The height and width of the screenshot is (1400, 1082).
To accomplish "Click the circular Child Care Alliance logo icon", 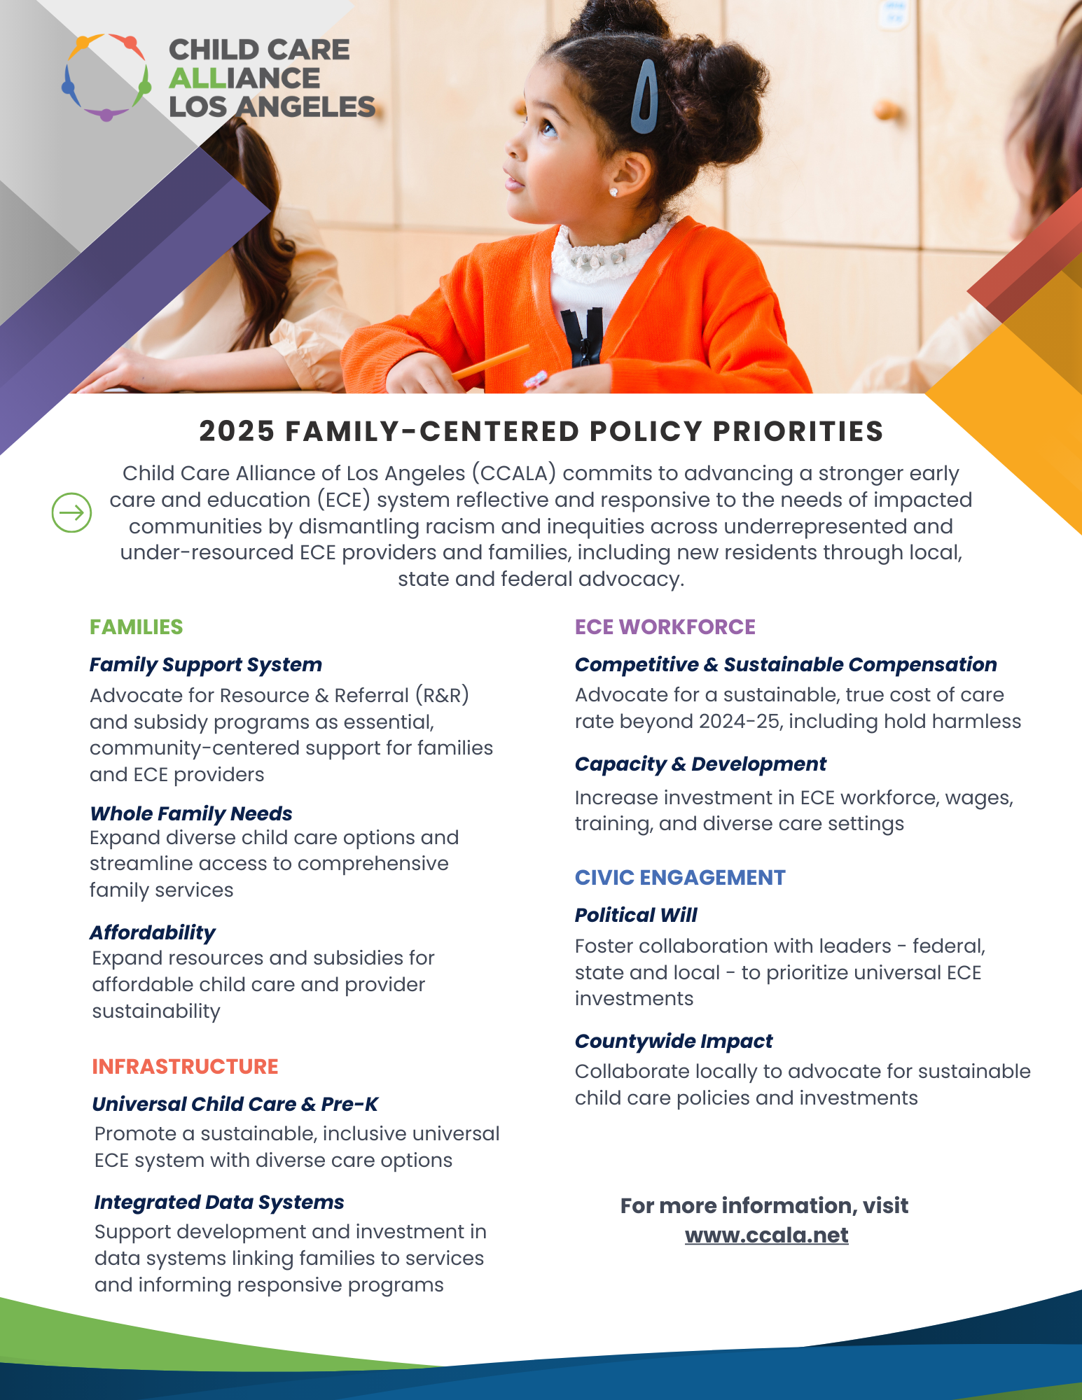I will coord(106,77).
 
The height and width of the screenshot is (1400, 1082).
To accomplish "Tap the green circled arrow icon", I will coord(71,512).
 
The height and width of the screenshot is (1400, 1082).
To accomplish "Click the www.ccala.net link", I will coord(766,1235).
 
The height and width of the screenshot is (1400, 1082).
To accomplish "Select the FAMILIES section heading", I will coord(136,626).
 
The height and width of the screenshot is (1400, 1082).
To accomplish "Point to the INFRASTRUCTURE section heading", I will coord(185,1066).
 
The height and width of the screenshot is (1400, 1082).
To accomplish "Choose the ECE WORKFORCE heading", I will coord(665,626).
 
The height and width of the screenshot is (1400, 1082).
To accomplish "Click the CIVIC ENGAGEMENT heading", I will coord(679,877).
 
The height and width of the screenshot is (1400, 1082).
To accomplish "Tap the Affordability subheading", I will coord(152,932).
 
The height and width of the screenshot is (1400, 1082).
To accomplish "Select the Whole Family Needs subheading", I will coord(190,813).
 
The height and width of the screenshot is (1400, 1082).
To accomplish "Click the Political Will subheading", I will coord(635,915).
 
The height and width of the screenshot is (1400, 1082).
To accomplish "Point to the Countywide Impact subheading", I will coord(673,1041).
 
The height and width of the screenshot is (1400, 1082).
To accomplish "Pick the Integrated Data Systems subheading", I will coord(219,1202).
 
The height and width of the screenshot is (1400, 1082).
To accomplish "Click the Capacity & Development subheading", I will coord(700,764).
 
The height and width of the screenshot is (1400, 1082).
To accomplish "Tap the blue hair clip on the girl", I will coord(644,97).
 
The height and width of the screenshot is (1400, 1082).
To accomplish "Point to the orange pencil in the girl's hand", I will coord(490,362).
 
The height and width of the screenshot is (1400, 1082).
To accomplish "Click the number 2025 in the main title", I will coord(236,431).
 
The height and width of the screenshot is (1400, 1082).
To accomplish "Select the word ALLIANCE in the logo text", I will coord(244,78).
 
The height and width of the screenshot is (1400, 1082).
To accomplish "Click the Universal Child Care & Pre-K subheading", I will coord(235,1104).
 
